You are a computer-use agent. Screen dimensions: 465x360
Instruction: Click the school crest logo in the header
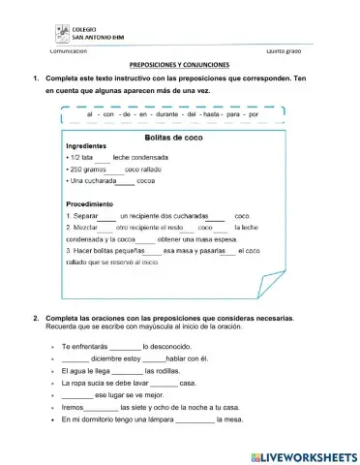pos(62,33)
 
